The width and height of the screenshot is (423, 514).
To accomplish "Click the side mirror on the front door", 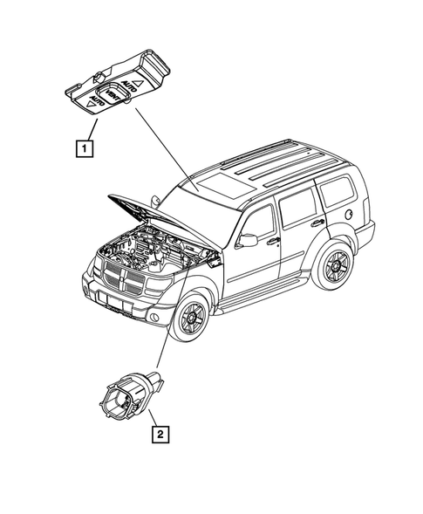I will point(248,240).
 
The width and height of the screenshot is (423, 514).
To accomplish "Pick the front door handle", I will point(273,241).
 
